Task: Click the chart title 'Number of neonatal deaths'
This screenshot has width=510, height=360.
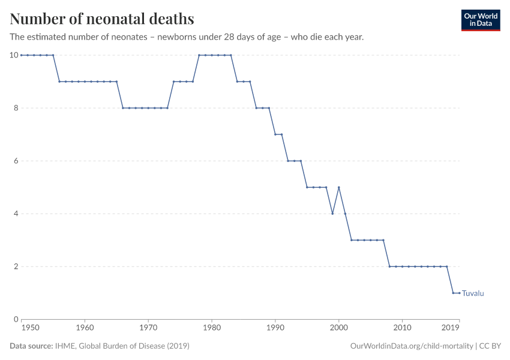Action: pos(102,19)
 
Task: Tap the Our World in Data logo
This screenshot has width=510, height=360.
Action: pos(480,20)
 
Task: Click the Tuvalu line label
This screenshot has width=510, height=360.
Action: pos(473,293)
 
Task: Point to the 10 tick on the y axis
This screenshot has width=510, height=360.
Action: pos(13,55)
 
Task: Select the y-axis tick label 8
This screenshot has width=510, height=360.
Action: pos(15,108)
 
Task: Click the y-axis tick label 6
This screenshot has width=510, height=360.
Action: pos(15,161)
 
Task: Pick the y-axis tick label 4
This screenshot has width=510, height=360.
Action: pos(15,214)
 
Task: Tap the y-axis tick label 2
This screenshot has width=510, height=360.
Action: pos(15,266)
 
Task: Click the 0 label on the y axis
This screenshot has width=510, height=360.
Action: pos(15,319)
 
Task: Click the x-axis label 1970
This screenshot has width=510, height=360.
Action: pos(148,329)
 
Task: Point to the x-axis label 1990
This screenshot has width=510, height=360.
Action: pos(275,329)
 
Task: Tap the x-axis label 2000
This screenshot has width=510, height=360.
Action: pos(338,329)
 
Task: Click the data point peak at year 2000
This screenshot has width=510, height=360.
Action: pos(338,187)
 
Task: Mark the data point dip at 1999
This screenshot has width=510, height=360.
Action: pos(332,214)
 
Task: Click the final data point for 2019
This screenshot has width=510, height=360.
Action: pos(459,293)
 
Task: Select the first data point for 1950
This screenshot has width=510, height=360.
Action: pos(22,55)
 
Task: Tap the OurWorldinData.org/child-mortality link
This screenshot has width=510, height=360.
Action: pos(412,346)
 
